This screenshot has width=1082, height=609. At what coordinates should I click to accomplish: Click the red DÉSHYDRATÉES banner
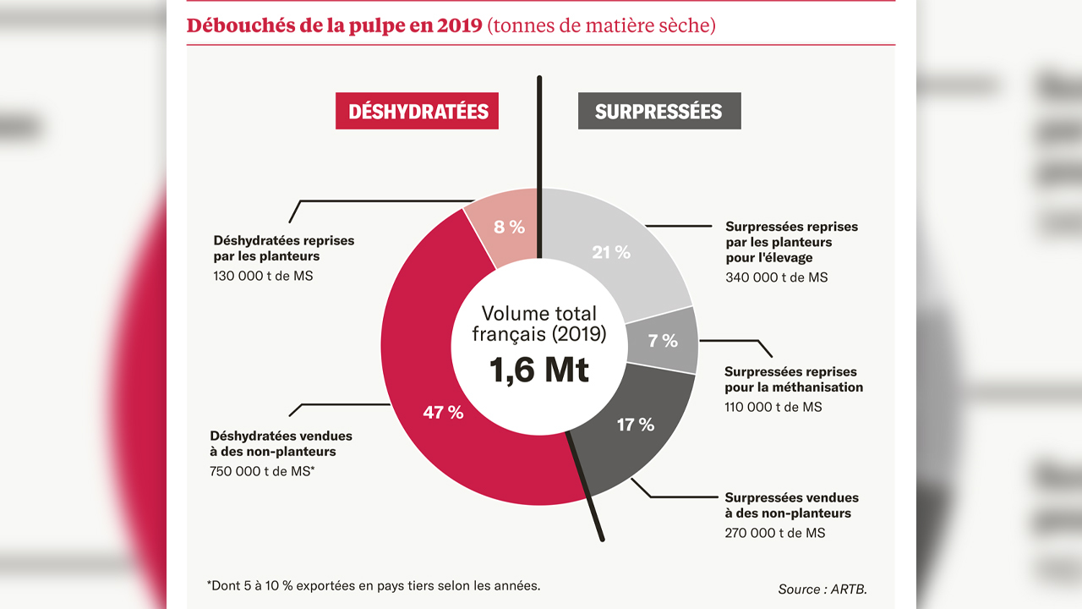417,111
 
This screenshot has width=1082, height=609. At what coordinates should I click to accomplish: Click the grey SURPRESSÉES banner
658,111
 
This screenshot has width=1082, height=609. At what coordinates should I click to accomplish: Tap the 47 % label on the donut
443,413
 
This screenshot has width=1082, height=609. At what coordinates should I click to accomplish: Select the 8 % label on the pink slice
509,227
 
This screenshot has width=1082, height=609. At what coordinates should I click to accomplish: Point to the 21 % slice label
611,252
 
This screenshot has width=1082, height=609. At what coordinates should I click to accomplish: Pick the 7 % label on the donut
663,341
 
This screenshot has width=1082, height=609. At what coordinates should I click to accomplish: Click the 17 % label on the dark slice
636,425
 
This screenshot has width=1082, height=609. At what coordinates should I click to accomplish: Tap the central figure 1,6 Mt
539,370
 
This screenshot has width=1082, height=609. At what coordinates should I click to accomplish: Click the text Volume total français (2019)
539,324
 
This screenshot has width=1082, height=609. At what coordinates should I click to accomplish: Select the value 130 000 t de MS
263,276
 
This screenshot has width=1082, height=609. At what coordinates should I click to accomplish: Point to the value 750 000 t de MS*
262,471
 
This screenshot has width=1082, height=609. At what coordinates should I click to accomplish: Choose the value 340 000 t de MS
776,277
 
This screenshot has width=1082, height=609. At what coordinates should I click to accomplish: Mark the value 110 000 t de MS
773,407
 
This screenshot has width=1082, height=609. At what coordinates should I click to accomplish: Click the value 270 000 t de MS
774,533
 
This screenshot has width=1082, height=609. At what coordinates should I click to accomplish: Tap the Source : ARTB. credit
822,589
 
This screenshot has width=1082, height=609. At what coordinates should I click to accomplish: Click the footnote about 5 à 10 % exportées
373,584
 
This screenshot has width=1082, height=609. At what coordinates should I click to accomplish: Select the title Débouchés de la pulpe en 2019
335,25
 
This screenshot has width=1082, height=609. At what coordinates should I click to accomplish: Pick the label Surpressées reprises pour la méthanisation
793,380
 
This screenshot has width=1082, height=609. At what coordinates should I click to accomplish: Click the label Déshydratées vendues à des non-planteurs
281,444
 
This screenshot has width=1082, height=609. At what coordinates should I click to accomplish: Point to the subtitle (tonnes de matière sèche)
601,25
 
